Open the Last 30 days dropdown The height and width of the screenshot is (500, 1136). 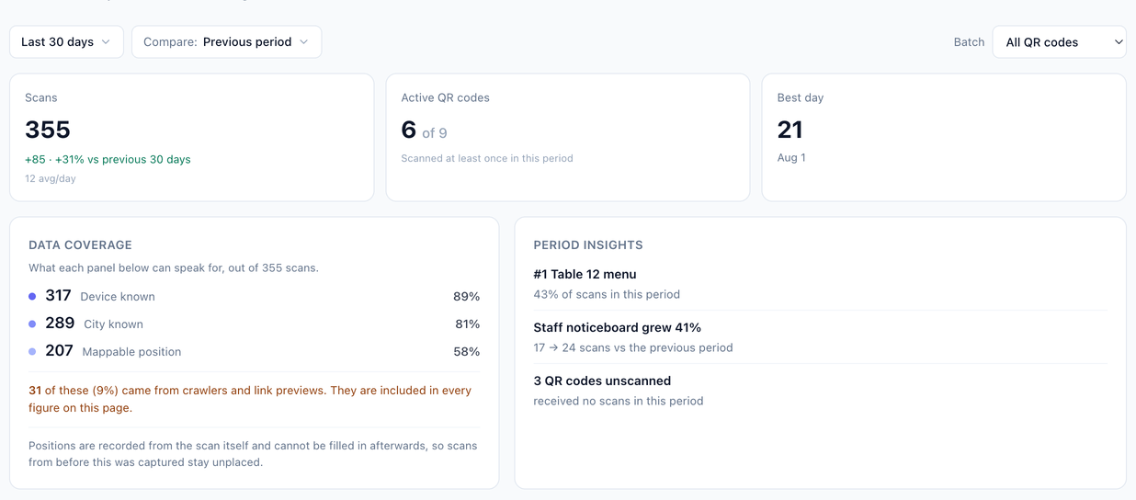pos(66,41)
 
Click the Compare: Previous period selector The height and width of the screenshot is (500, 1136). pos(227,41)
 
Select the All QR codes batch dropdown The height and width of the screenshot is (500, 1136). pos(1059,42)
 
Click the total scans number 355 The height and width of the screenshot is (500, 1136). pos(48,130)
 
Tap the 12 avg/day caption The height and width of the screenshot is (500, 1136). pos(51,178)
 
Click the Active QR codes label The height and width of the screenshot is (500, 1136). pos(445,97)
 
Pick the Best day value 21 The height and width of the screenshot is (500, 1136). pos(790,130)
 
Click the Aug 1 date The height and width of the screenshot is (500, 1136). pos(791,158)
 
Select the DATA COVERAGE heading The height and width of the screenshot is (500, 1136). pos(80,244)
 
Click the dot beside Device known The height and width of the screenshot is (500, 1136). pos(32,296)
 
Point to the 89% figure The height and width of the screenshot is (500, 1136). pos(467,296)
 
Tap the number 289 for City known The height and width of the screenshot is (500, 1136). pos(60,323)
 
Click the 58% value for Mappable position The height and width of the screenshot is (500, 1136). pos(467,351)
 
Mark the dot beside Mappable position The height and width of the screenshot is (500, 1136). pos(32,351)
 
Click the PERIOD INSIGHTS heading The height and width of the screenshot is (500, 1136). pos(588,244)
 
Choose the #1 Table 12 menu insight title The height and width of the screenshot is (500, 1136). pos(585,274)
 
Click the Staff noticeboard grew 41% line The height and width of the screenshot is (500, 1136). pos(618,327)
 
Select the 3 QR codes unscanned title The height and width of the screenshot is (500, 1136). pos(602,381)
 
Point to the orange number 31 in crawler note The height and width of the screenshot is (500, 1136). pos(35,391)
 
